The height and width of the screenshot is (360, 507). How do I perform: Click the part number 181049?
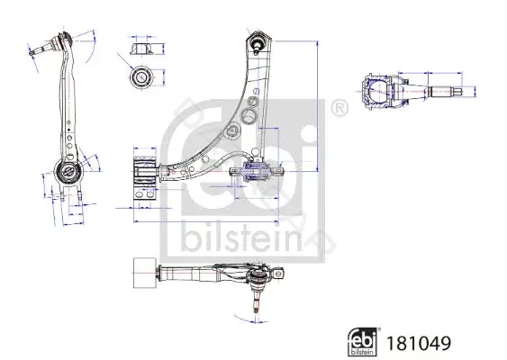click(x=419, y=343)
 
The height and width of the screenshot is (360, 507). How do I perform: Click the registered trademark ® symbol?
click(x=340, y=108)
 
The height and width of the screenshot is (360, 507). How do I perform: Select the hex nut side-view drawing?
click(x=141, y=49)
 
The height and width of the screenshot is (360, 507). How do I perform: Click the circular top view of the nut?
click(x=141, y=77)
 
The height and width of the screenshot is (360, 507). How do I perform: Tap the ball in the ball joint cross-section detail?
click(x=378, y=91)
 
